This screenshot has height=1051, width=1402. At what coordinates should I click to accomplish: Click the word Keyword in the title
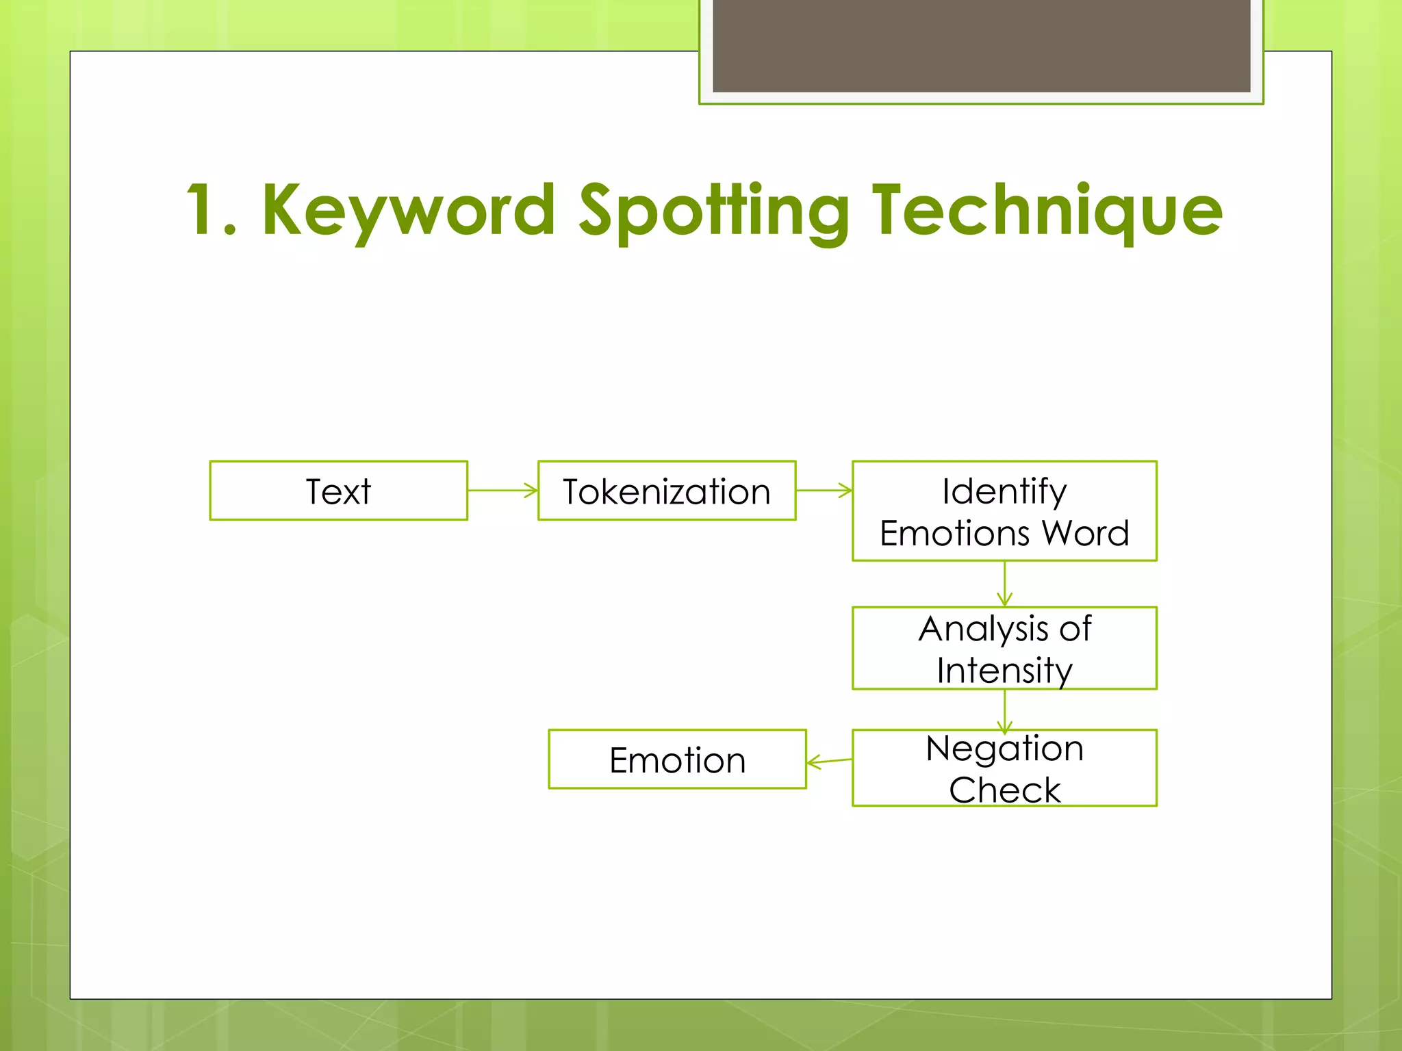[408, 211]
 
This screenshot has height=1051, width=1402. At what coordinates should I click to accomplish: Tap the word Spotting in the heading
[713, 211]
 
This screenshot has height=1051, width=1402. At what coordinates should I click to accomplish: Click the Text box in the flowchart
[338, 491]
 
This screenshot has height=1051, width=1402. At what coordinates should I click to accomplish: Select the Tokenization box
[667, 491]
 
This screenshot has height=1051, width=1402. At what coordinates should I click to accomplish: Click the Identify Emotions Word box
[1004, 511]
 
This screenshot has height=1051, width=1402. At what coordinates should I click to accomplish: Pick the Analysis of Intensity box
[1004, 648]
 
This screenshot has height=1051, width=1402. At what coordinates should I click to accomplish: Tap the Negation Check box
[1004, 768]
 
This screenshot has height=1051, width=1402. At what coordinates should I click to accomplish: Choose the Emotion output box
[677, 760]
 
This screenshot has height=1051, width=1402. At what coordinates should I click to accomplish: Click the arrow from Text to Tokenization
[502, 491]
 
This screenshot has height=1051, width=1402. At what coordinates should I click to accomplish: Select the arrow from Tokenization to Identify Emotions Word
[824, 491]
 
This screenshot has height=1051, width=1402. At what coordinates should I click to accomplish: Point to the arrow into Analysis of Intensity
[1004, 584]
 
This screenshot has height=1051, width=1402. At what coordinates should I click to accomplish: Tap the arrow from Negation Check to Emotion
[830, 761]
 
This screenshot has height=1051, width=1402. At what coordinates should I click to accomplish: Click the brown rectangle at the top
[981, 45]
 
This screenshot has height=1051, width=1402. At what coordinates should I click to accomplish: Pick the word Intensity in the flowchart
[1004, 671]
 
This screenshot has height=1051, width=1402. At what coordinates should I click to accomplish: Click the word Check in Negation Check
[1004, 790]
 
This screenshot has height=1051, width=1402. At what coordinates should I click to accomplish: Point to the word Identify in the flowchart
[1004, 491]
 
